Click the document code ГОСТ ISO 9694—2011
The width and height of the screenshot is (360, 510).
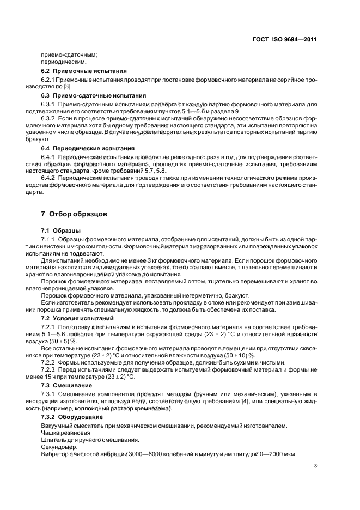(285, 40)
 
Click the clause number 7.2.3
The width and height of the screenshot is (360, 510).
(50, 369)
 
